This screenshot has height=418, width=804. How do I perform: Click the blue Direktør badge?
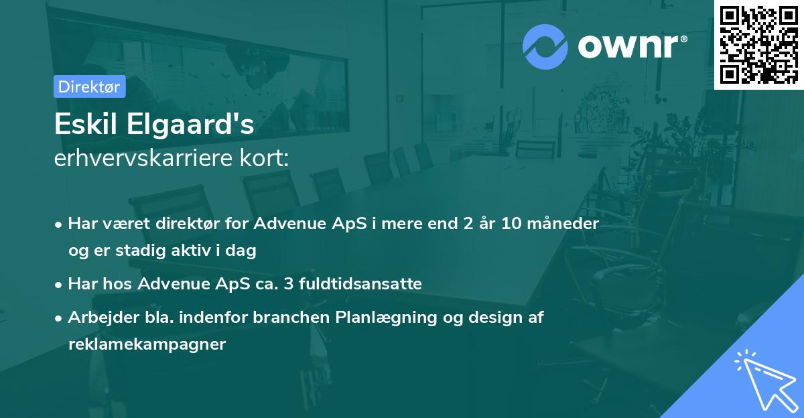(90, 86)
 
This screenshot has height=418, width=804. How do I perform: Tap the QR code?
(759, 44)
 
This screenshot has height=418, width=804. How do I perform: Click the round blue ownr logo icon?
(545, 47)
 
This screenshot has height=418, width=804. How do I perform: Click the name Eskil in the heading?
(86, 124)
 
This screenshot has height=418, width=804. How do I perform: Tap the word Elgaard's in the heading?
(190, 124)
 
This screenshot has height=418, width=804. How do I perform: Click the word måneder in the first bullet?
(563, 223)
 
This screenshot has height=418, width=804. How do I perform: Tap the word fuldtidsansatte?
(360, 283)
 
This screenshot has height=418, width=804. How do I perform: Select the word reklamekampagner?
(147, 345)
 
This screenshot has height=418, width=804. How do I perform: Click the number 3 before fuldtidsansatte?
(289, 284)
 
